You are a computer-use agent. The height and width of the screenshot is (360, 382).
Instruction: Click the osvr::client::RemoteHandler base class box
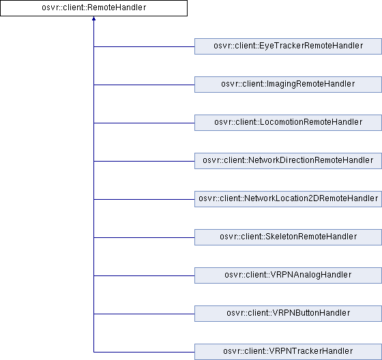click(94, 8)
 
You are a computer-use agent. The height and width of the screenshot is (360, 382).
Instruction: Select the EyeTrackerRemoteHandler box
click(288, 46)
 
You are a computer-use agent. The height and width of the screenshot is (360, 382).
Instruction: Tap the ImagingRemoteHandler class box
click(288, 85)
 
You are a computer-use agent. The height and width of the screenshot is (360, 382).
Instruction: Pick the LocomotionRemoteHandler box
click(288, 123)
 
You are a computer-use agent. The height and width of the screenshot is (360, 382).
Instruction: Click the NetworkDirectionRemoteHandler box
click(288, 161)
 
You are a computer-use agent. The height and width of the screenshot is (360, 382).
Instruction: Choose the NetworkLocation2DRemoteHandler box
click(288, 199)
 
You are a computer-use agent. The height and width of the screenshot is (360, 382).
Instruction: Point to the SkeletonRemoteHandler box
click(288, 237)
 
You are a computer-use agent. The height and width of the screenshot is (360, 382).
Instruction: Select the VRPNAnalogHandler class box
click(288, 275)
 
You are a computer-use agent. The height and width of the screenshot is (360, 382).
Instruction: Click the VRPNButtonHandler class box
click(288, 314)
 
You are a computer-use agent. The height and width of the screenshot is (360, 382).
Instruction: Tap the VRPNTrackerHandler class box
click(288, 352)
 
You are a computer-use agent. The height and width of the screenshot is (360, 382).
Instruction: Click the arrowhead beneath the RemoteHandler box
click(94, 18)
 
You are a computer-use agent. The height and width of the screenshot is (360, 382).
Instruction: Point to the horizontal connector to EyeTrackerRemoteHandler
click(144, 46)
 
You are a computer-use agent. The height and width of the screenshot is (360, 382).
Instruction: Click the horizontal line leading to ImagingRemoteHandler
click(144, 85)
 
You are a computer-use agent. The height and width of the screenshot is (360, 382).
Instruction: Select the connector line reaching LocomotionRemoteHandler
click(144, 123)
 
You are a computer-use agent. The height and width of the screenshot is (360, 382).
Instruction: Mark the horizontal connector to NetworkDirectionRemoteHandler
click(144, 161)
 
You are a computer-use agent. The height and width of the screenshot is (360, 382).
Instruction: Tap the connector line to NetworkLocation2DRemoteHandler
click(144, 199)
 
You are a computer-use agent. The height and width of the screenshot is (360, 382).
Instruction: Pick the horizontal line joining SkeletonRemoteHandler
click(144, 237)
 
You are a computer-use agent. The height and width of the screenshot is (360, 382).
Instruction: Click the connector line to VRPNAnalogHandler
click(144, 275)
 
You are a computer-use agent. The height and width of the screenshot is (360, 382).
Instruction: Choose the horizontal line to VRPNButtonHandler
click(144, 314)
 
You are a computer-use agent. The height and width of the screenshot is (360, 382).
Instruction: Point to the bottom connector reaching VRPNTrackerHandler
click(144, 352)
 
